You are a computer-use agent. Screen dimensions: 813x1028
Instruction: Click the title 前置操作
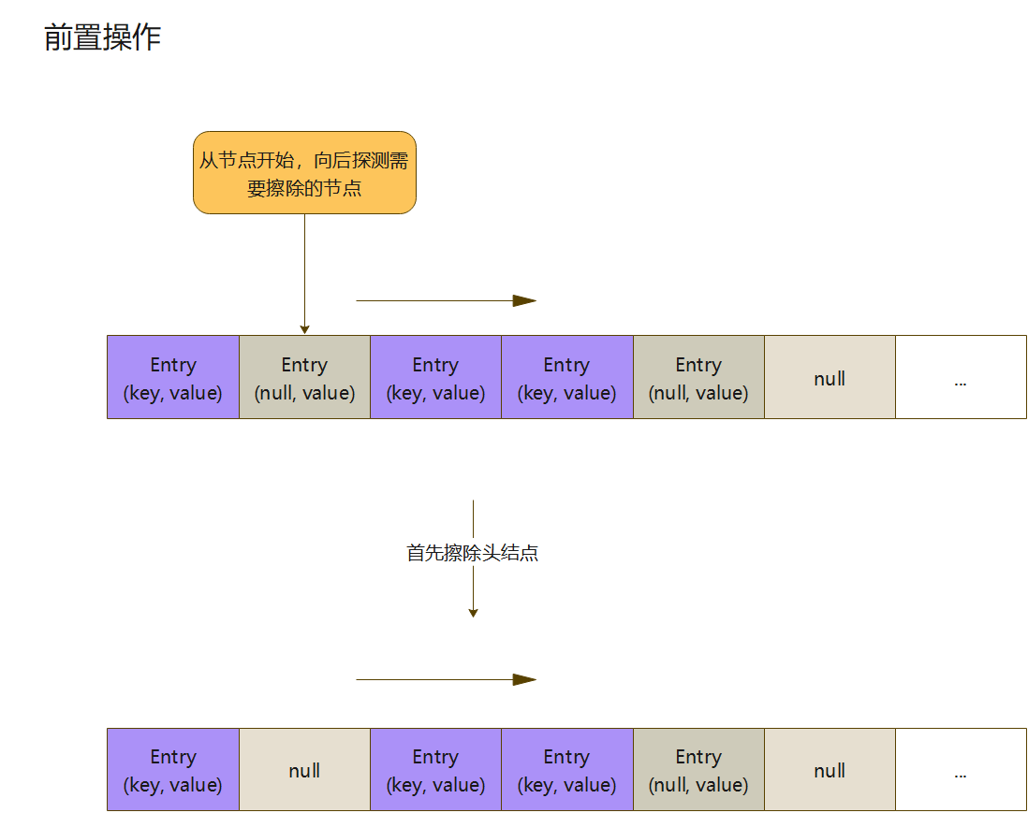coord(103,37)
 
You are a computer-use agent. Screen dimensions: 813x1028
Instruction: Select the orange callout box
coord(304,173)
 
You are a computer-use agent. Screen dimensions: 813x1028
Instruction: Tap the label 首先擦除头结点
coord(473,553)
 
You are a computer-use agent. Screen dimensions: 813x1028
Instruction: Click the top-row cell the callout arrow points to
coord(304,377)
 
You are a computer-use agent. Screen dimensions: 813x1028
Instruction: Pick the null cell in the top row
coord(830,377)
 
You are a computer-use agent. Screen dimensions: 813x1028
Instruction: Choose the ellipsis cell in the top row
coord(961,377)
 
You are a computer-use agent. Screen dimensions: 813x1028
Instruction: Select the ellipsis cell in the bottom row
coord(961,769)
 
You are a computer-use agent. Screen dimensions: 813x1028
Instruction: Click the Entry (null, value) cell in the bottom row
coord(698,769)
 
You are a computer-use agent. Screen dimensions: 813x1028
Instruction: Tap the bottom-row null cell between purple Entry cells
coord(304,769)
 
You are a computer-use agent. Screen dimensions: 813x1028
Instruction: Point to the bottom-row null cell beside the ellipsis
coord(830,769)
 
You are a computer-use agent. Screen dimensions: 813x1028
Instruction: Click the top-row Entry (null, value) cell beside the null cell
coord(698,377)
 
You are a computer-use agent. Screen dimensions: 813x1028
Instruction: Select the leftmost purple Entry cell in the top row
coord(173,377)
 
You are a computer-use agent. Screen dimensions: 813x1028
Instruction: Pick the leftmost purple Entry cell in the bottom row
coord(173,769)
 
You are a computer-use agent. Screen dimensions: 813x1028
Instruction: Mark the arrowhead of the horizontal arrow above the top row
coord(525,301)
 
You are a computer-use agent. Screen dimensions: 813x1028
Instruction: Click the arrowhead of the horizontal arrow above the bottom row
coord(525,680)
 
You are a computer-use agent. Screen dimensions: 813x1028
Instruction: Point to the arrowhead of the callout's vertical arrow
coord(304,329)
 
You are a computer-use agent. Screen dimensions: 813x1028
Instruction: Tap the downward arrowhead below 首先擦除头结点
coord(473,613)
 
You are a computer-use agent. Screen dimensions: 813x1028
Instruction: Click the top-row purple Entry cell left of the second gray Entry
coord(566,377)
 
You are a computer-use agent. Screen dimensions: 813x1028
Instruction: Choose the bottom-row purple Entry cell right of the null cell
coord(435,769)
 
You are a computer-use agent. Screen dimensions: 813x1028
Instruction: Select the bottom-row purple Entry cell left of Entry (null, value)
coord(566,769)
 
